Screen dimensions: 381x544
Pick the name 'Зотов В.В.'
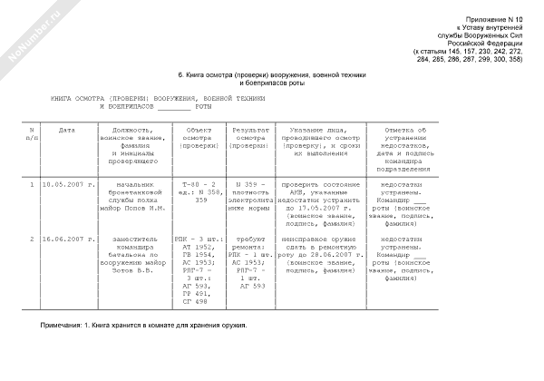tap(137, 270)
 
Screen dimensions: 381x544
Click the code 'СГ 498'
tap(199, 302)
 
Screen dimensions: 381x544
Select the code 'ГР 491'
tap(199, 294)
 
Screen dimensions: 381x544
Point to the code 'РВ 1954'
tap(199, 254)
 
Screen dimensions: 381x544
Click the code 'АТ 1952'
tap(199, 247)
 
